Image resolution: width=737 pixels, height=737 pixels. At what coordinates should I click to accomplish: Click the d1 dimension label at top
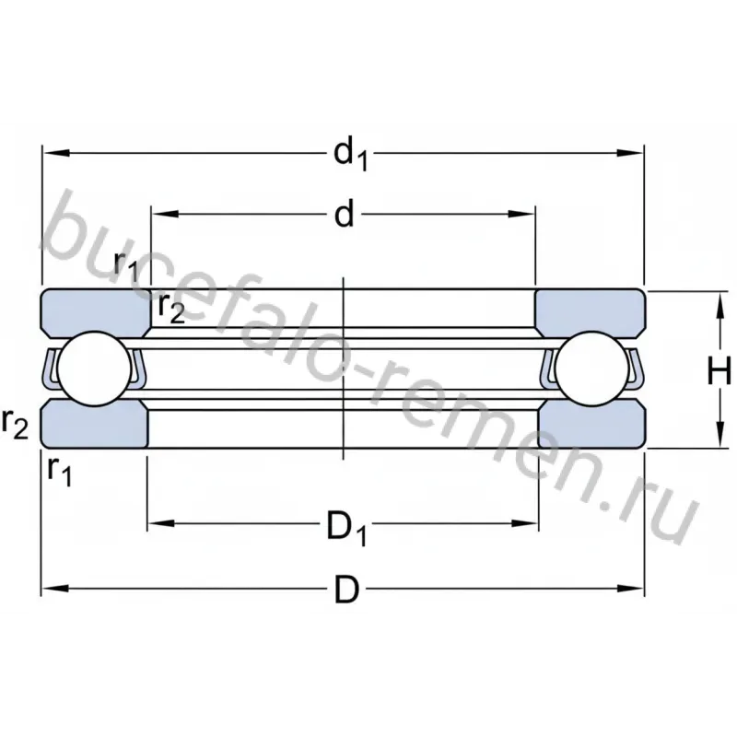pos(350,155)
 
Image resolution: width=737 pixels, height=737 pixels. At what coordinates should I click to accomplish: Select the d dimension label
pos(344,215)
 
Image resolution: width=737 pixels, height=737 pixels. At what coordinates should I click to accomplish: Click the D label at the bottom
pos(347,590)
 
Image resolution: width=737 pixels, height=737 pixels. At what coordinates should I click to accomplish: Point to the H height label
pos(719,370)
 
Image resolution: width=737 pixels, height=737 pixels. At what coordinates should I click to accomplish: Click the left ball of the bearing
pos(95,368)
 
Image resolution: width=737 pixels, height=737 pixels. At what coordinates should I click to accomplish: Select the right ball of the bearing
pos(591,368)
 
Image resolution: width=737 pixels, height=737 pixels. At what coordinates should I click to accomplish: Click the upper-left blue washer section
pos(96,311)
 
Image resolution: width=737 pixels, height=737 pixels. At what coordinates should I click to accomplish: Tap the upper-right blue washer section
pos(591,312)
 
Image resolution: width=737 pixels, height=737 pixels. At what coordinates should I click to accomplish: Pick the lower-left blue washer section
pos(94,425)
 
